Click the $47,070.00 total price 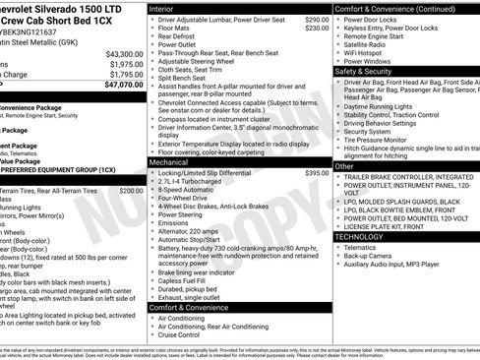pyautogui.click(x=125, y=85)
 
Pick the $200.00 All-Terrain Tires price pyautogui.click(x=131, y=190)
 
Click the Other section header pyautogui.click(x=345, y=167)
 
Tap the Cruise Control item pyautogui.click(x=184, y=335)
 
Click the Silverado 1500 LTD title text pyautogui.click(x=59, y=8)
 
